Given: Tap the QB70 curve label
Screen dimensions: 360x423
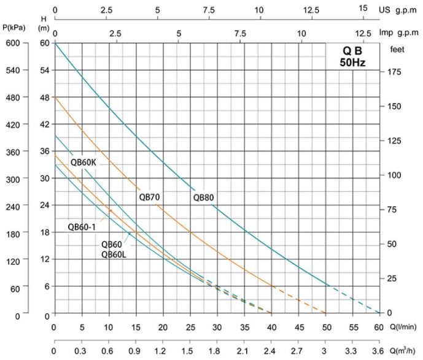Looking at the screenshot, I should [149, 197].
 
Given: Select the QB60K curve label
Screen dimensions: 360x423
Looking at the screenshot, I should [83, 163].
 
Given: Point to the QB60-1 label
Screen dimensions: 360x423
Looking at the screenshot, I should [81, 226].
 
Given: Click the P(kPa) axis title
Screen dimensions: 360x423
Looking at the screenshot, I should [14, 28].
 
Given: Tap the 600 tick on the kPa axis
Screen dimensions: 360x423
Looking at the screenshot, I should [14, 43].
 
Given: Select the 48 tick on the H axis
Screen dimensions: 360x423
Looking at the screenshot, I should [43, 98].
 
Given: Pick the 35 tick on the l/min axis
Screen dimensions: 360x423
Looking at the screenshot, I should [245, 326].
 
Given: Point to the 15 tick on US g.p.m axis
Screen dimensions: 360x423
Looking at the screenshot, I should [363, 9].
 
